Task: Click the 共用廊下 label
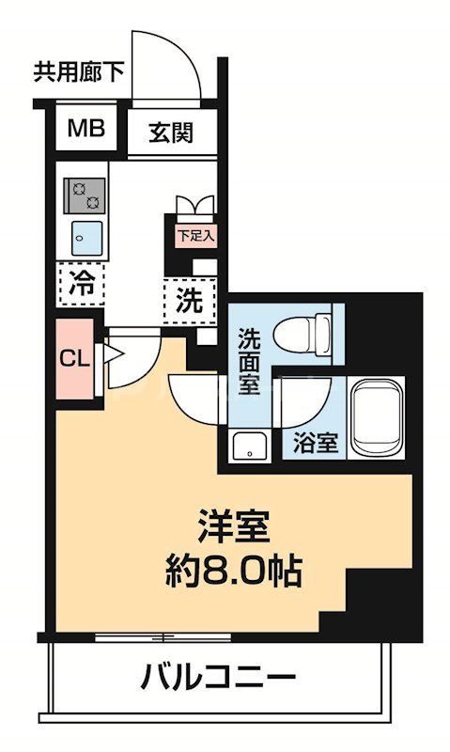[x=79, y=72]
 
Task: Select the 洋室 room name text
[x=234, y=525]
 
